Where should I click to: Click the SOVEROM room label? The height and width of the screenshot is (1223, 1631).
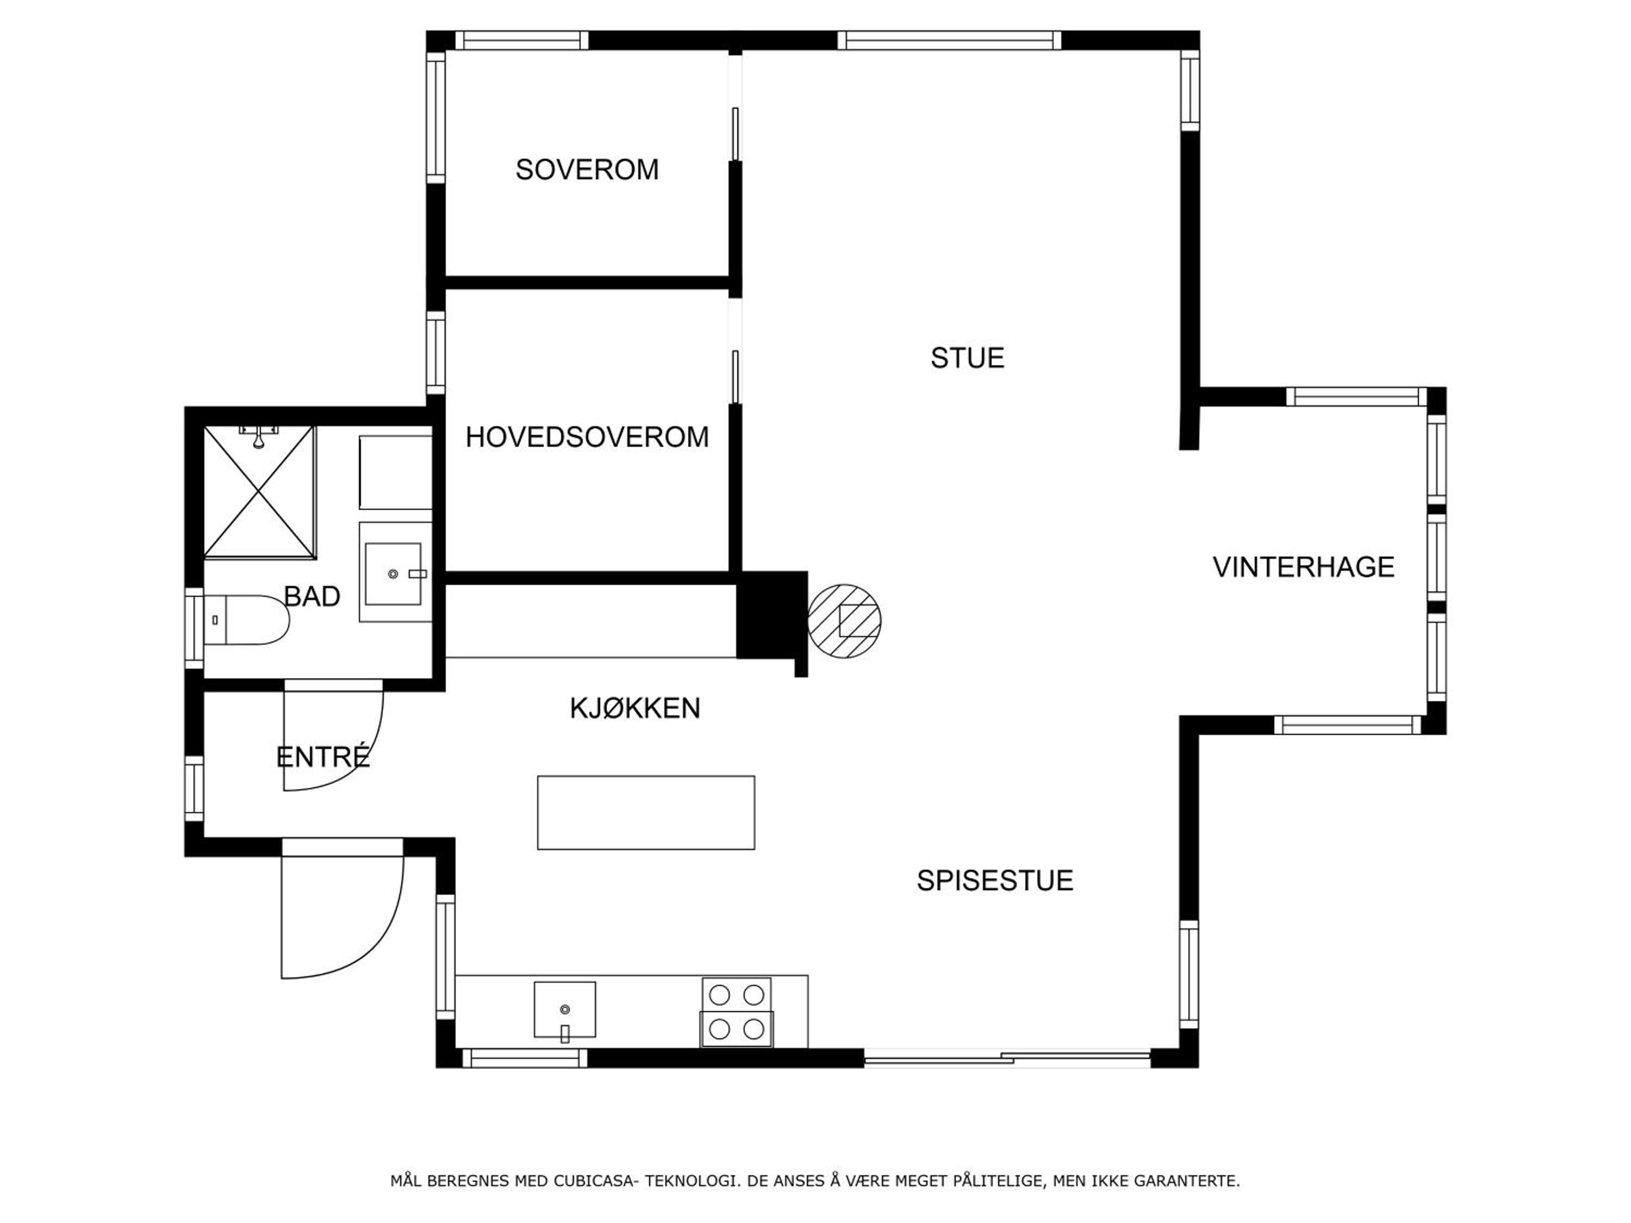[587, 170]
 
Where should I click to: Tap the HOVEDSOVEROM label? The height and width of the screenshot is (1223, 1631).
[587, 437]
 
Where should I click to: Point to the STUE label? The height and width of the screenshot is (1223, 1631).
[967, 358]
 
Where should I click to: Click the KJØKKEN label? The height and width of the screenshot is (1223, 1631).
[635, 708]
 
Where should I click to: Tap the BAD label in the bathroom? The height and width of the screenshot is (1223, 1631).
[312, 596]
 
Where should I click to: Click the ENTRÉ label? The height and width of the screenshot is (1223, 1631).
[323, 757]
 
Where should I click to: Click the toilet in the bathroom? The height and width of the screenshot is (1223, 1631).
[246, 620]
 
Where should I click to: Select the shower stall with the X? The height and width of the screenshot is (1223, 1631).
[259, 492]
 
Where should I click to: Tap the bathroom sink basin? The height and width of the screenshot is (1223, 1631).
[393, 575]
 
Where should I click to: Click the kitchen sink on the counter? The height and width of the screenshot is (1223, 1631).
[565, 1009]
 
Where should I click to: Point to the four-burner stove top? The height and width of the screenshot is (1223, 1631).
[737, 1012]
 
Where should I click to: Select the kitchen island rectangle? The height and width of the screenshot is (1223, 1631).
[646, 813]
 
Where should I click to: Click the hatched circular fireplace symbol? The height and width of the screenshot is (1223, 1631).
[844, 621]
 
